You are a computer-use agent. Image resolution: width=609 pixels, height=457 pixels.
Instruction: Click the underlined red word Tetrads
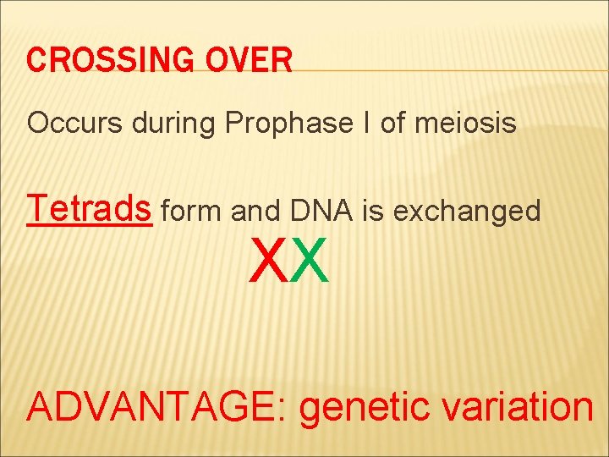(90, 208)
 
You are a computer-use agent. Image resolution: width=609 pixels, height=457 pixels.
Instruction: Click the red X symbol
(270, 262)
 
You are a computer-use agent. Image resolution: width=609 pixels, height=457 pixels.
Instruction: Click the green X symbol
(310, 262)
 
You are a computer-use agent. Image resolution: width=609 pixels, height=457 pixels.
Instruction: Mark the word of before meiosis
(393, 124)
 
